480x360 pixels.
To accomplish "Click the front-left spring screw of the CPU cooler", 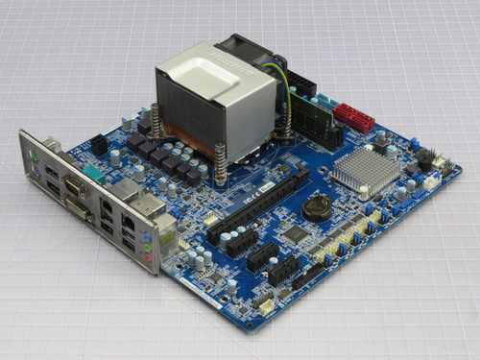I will [221, 162].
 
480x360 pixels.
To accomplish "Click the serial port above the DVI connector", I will [72, 185].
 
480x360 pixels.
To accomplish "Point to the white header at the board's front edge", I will [264, 306].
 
